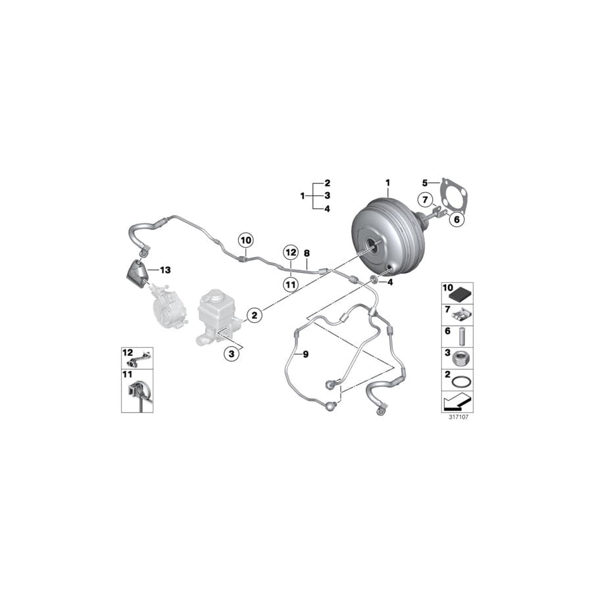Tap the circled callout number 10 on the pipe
245,241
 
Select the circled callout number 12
291,251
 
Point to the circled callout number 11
291,284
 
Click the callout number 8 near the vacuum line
307,252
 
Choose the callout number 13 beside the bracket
164,269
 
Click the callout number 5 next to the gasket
425,182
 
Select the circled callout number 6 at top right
455,220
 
